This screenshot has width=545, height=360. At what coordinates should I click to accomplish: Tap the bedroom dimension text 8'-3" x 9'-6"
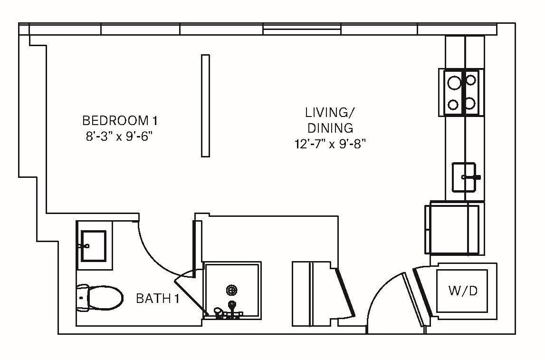point(119,136)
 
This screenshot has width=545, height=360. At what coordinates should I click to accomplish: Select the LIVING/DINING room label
point(330,120)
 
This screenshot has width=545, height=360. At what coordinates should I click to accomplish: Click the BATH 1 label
point(157,299)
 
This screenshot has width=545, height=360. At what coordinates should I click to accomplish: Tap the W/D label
point(462,291)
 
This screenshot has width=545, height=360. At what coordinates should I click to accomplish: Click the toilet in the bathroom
point(99,298)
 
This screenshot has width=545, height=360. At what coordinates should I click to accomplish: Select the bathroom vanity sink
point(94,246)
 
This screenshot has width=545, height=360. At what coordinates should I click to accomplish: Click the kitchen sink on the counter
point(464,177)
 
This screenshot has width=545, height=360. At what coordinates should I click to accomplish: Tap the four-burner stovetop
point(461,92)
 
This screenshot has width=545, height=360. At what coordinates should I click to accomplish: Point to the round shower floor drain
point(232,290)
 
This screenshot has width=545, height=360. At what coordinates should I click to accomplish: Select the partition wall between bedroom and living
point(205,106)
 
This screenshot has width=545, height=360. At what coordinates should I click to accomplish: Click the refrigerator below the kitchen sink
point(454,228)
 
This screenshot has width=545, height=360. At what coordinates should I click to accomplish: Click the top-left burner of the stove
point(453,83)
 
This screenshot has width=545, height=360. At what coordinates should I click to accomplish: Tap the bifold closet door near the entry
point(344,292)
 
